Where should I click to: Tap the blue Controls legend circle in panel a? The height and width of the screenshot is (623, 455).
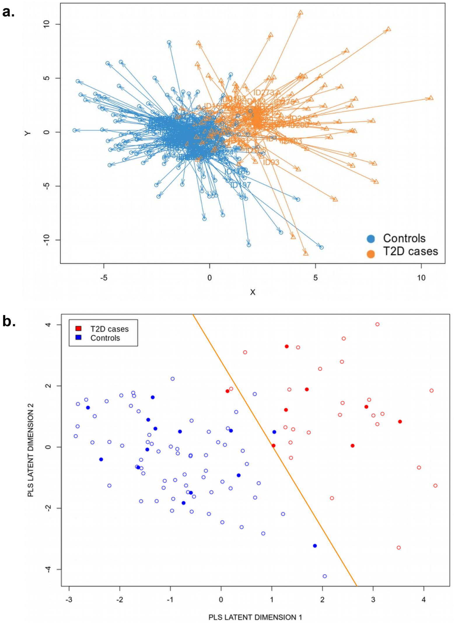tap(371, 239)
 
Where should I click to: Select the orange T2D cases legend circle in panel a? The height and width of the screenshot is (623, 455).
tap(371, 253)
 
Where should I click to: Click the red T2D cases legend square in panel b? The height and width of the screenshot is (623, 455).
tap(78, 328)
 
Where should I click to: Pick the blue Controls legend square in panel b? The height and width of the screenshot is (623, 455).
tap(78, 337)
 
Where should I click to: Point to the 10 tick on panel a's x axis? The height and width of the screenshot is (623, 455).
tap(421, 278)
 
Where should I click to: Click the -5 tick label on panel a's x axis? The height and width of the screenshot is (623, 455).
tap(104, 278)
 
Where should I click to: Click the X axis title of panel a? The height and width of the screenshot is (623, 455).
tap(253, 292)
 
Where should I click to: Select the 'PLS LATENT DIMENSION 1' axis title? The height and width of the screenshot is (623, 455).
tap(255, 617)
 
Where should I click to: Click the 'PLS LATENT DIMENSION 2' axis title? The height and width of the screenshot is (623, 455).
tap(31, 450)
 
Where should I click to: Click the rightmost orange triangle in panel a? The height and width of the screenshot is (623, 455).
tap(431, 98)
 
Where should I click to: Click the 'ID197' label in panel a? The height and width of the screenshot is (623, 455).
tap(241, 185)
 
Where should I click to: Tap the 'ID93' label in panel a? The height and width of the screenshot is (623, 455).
tap(271, 162)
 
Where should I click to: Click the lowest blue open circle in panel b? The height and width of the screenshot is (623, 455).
tap(325, 576)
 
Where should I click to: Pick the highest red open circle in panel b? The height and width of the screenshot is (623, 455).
tap(377, 324)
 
